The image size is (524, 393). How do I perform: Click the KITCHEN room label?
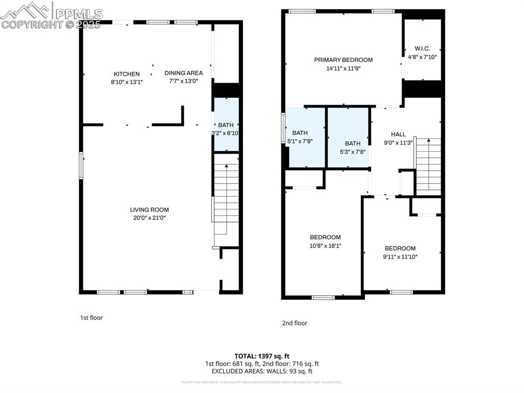click(126, 74)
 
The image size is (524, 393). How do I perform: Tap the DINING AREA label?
click(184, 73)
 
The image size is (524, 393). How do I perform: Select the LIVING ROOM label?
click(149, 210)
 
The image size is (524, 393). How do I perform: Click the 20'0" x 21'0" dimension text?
click(149, 218)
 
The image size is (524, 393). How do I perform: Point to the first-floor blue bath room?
click(226, 125)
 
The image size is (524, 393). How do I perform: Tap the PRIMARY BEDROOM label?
click(343, 60)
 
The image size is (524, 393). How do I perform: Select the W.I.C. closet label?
click(422, 49)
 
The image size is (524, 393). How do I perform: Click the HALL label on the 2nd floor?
click(398, 134)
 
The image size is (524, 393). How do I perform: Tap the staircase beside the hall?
click(429, 166)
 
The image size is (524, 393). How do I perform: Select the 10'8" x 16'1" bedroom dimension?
click(325, 246)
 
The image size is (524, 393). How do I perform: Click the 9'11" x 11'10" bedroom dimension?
click(400, 257)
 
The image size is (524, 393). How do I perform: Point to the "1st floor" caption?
click(91, 318)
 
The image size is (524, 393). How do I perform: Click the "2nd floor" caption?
click(294, 323)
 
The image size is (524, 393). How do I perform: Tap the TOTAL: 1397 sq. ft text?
click(262, 356)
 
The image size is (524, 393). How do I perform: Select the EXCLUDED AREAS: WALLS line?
click(262, 371)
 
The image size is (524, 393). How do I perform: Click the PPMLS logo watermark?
click(51, 14)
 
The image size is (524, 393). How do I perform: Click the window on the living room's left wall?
click(81, 166)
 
